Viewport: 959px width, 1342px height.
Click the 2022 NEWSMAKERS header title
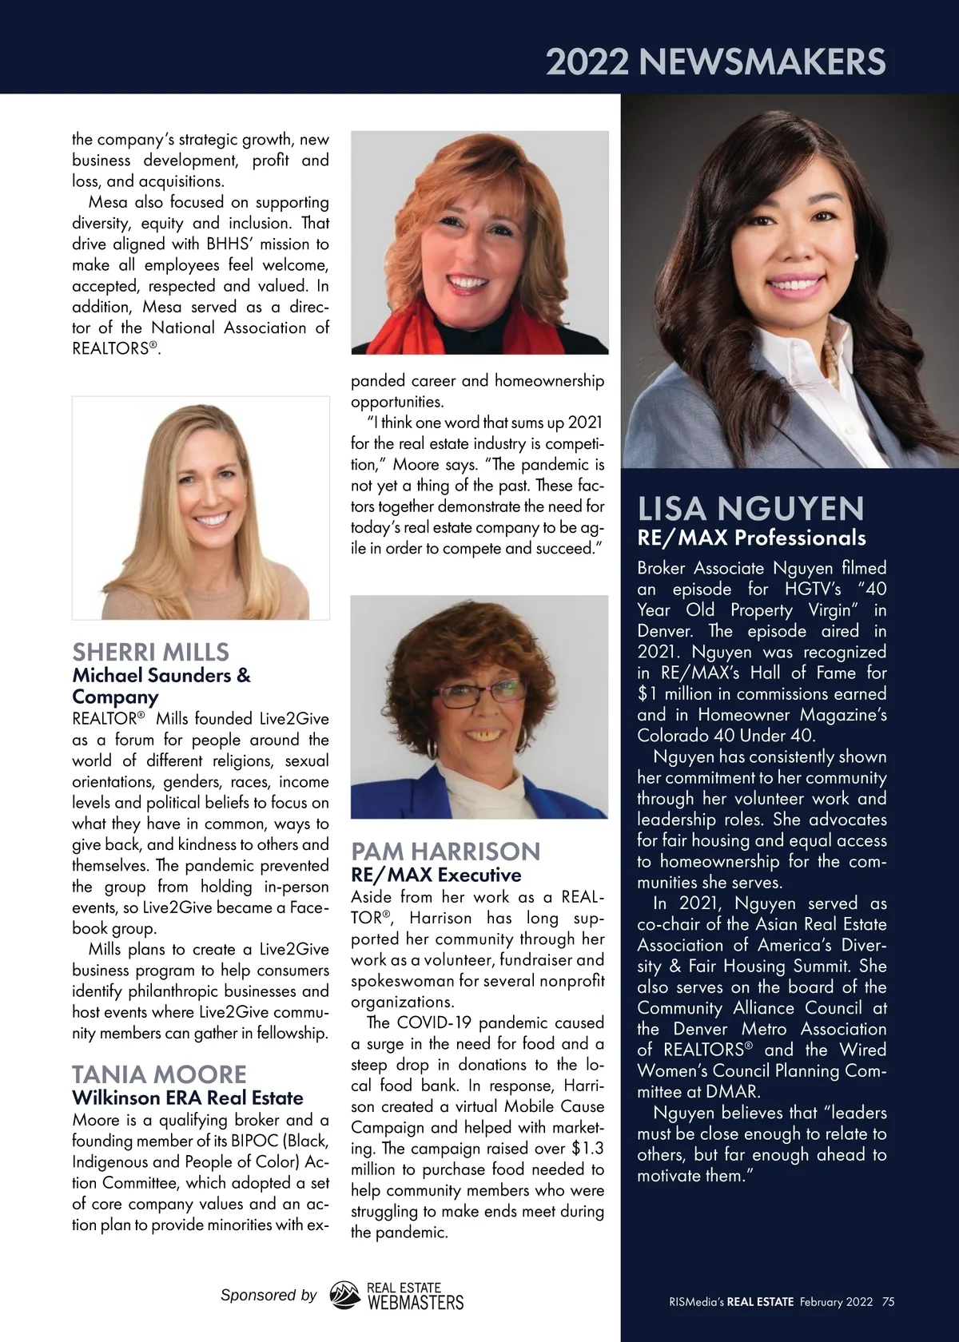[715, 62]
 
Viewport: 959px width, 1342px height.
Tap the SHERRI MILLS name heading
[150, 651]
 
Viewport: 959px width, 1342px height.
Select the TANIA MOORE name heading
[159, 1074]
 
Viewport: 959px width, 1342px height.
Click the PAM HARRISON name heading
[446, 851]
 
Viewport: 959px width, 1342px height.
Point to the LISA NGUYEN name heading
[750, 509]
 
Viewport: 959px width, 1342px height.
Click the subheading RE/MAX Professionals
[751, 538]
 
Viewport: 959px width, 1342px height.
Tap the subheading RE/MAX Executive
[436, 875]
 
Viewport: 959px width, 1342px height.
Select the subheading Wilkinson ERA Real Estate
[188, 1098]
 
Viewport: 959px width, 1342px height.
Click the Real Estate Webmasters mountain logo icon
[345, 1296]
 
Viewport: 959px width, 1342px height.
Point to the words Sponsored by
[269, 1295]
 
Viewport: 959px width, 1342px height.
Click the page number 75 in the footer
[888, 1301]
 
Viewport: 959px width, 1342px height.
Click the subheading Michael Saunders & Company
[161, 685]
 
